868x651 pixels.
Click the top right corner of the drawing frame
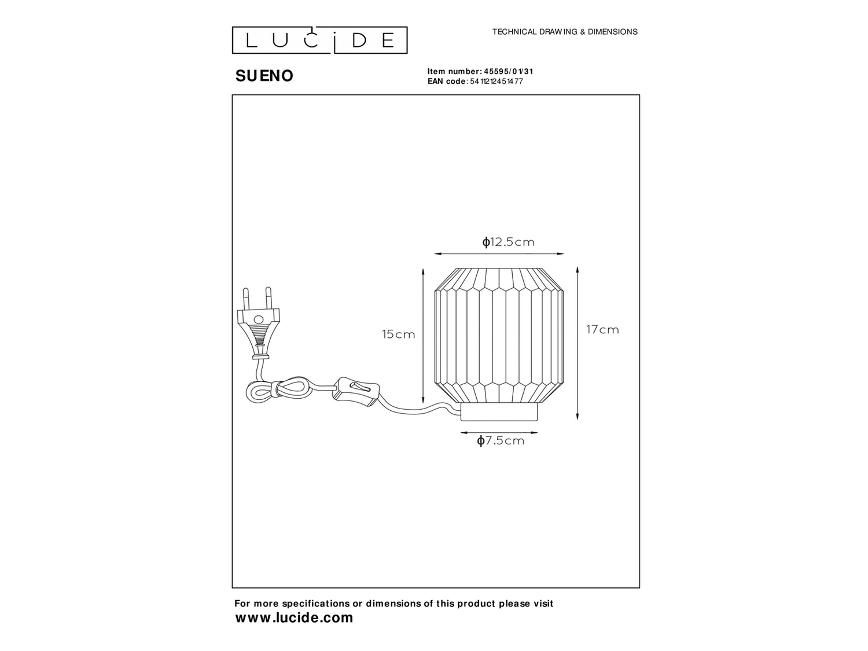coord(639,95)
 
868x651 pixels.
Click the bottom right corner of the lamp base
coord(538,420)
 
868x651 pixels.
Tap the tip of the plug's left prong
coord(245,289)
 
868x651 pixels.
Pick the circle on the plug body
coord(259,319)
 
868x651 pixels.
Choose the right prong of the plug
coord(269,298)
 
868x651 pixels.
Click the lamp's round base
coord(499,412)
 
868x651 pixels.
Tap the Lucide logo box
coord(319,41)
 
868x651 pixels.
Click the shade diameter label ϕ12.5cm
coord(508,242)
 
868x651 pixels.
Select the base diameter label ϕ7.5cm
coord(501,441)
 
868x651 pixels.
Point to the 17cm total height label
coord(602,330)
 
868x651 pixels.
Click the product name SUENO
coord(264,76)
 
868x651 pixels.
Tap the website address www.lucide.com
coord(294,618)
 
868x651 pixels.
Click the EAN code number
coord(496,82)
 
